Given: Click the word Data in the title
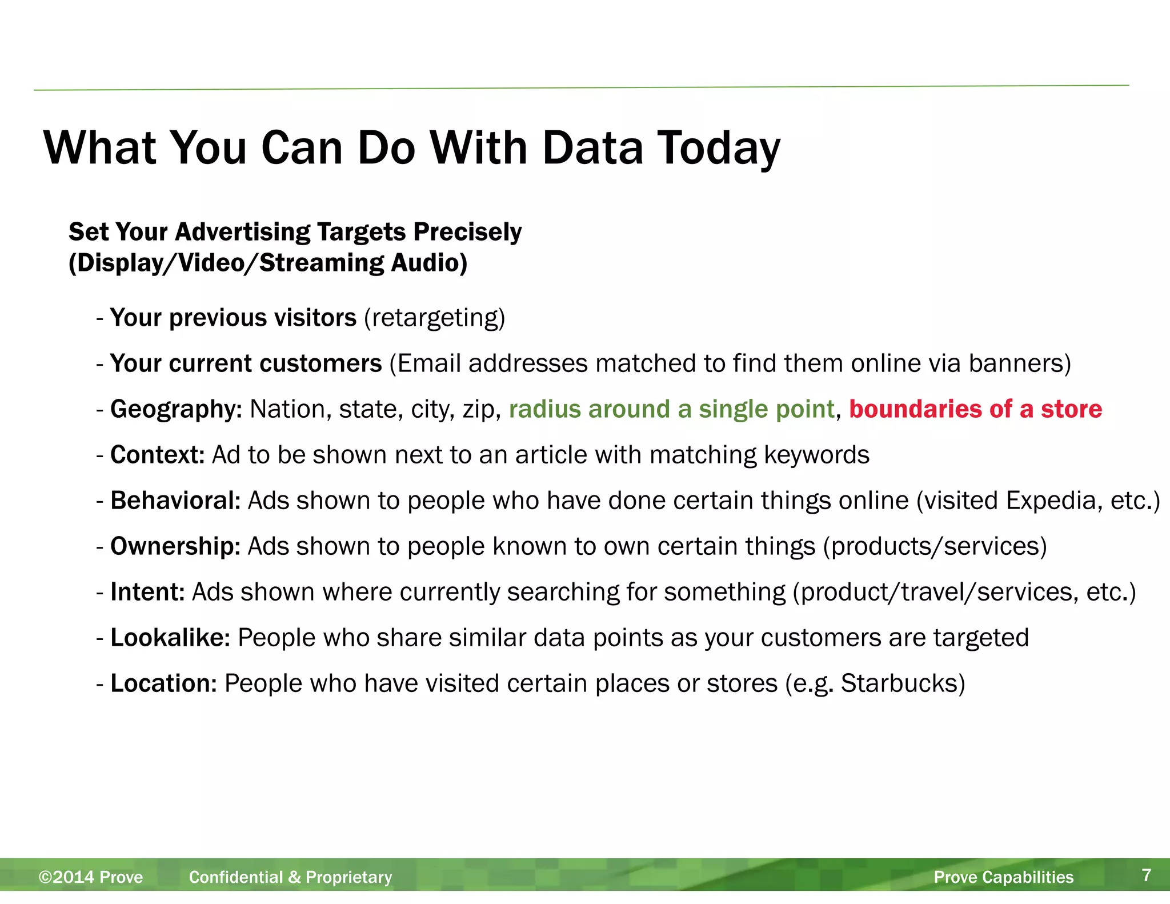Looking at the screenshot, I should (592, 148).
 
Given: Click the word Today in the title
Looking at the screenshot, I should (719, 148).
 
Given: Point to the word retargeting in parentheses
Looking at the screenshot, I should (435, 318).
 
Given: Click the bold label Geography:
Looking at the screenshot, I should (176, 409).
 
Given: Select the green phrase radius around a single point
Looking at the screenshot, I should (671, 409).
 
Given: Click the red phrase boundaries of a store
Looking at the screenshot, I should (975, 409).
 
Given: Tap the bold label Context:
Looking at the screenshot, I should (157, 455).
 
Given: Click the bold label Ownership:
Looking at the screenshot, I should (175, 546).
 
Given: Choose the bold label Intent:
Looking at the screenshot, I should (147, 592).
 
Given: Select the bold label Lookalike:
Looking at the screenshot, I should (170, 638).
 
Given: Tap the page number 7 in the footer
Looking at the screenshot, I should (1146, 875).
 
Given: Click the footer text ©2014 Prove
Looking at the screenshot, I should (91, 877).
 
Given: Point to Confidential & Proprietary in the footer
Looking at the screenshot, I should (290, 877).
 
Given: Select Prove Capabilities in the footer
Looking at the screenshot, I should (1003, 877).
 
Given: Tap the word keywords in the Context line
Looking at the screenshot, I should (816, 455).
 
